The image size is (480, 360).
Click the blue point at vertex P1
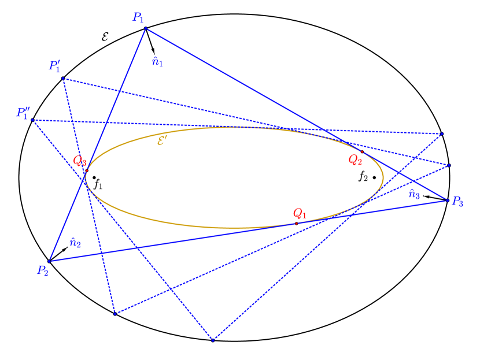coord(145,28)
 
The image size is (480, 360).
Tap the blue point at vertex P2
coord(49,261)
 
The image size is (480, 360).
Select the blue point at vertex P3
coord(448,201)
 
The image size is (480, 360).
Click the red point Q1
coord(296,224)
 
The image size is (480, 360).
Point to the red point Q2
coord(362,152)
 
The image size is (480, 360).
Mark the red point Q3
coord(87,170)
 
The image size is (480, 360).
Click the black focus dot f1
coord(94,177)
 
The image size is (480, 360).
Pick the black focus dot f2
coord(374,177)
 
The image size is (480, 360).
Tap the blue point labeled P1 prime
coord(62,78)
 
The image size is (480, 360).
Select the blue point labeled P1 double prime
coord(32,120)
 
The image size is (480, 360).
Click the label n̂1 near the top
coord(157,61)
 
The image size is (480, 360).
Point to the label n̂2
coord(75,243)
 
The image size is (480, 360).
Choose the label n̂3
coord(414,194)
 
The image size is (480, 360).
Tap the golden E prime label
coord(162,140)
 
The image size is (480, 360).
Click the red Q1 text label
coord(298,213)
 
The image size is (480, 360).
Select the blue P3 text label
coord(458,202)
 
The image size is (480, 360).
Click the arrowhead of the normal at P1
coord(154,53)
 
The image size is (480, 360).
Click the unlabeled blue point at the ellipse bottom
coord(213,340)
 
